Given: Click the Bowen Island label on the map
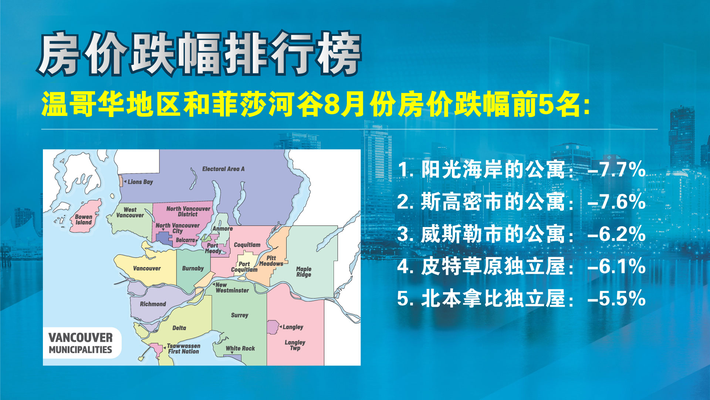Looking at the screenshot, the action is click(84, 220).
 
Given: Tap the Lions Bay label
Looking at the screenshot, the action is click(140, 182).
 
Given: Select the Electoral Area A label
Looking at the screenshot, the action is click(223, 169).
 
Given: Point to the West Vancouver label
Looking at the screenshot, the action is click(130, 212).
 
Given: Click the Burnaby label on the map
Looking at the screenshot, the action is click(193, 268).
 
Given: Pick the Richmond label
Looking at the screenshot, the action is click(153, 304).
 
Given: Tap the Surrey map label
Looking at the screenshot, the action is click(240, 315).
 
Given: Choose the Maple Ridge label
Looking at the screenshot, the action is click(304, 271).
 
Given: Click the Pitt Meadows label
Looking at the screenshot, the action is click(271, 261).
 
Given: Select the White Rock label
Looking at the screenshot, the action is click(240, 349).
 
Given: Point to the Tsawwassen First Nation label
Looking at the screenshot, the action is click(184, 349).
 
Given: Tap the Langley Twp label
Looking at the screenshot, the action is click(295, 345).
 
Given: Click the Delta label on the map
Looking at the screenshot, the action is click(179, 328).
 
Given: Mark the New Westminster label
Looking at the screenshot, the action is click(232, 287).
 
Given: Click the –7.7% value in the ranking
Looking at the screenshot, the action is click(616, 170).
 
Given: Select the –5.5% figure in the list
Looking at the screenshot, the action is click(616, 299).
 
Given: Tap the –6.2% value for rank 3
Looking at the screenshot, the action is click(616, 234).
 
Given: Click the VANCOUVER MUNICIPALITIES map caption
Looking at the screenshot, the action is click(81, 343).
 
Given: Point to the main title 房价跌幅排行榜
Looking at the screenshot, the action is click(199, 54).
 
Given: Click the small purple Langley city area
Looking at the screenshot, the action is click(273, 327).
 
